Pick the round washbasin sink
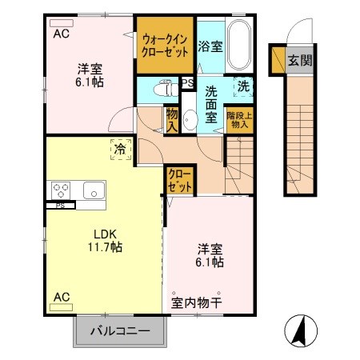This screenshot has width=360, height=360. click(x=190, y=121)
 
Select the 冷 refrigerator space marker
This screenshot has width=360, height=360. click(x=119, y=148)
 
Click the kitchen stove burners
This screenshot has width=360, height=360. click(x=61, y=190)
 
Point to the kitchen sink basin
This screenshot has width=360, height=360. click(x=92, y=190)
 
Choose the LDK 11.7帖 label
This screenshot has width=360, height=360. click(x=105, y=240)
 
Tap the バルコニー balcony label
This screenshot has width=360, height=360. click(x=122, y=330)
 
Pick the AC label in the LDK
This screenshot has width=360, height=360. click(x=61, y=298)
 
